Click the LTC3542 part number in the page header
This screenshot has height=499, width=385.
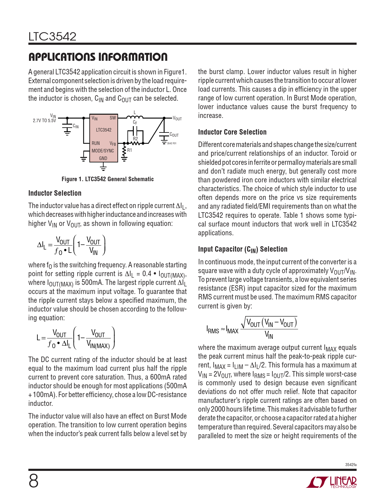tap(52, 37)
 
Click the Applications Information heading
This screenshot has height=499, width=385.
tap(98, 57)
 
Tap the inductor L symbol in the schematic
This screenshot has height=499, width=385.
tap(135, 117)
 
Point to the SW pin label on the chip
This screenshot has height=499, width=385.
tap(113, 118)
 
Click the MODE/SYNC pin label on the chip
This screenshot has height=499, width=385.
tap(103, 151)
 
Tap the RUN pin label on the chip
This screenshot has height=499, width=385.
tap(96, 143)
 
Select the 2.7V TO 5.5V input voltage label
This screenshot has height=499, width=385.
tap(44, 121)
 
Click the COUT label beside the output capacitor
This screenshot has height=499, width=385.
tap(174, 135)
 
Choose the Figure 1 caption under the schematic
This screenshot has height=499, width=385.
tap(107, 179)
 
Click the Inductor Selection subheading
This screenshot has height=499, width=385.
tap(55, 193)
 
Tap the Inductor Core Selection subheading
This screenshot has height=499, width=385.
tap(232, 132)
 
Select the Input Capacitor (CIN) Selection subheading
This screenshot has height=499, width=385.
tap(242, 249)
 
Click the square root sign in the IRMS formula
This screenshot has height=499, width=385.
tap(243, 323)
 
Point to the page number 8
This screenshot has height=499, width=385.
tap(34, 481)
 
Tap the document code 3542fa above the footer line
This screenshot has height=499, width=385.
tap(351, 465)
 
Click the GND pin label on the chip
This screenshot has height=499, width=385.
tap(103, 158)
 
